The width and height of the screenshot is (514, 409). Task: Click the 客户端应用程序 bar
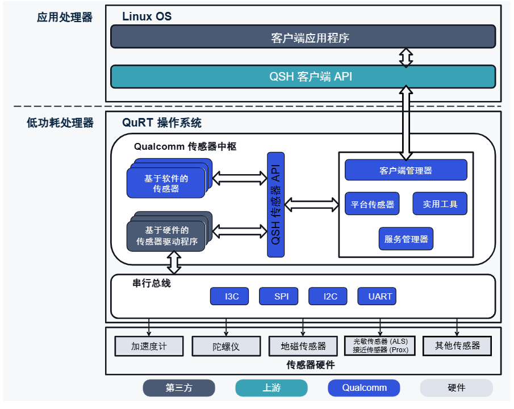tap(303, 37)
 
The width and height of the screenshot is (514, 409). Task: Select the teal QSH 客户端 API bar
tap(303, 77)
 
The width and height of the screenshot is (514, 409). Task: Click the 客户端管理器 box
tap(406, 170)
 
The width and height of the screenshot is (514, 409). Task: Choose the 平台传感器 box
tap(372, 204)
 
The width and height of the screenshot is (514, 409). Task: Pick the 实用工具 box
tap(440, 204)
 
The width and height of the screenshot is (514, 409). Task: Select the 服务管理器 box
tap(406, 239)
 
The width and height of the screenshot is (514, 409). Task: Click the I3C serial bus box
tap(229, 296)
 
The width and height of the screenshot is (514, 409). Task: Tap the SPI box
tap(278, 296)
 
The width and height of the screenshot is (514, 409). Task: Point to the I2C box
tap(328, 296)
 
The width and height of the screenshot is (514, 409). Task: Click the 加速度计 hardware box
tap(149, 346)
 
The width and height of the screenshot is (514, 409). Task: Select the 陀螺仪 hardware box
tap(226, 346)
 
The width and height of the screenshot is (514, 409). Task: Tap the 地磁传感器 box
tap(303, 346)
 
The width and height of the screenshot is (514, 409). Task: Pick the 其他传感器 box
tap(457, 346)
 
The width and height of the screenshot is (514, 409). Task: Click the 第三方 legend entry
tap(178, 388)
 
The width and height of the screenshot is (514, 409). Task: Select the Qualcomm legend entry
tap(363, 388)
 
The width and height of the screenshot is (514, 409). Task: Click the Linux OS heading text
tap(147, 16)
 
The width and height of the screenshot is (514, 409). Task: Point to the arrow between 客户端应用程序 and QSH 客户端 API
tap(406, 57)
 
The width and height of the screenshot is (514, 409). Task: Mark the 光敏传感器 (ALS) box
tap(380, 346)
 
